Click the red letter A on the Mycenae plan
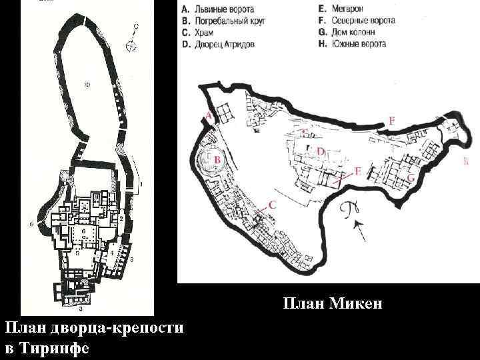(x=209, y=116)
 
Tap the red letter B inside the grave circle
(x=217, y=160)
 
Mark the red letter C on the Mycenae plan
(x=271, y=205)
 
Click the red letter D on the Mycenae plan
(x=320, y=152)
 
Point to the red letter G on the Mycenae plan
(x=411, y=178)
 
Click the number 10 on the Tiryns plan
(x=87, y=85)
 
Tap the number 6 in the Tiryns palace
(x=83, y=230)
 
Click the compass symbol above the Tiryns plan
(x=132, y=45)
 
